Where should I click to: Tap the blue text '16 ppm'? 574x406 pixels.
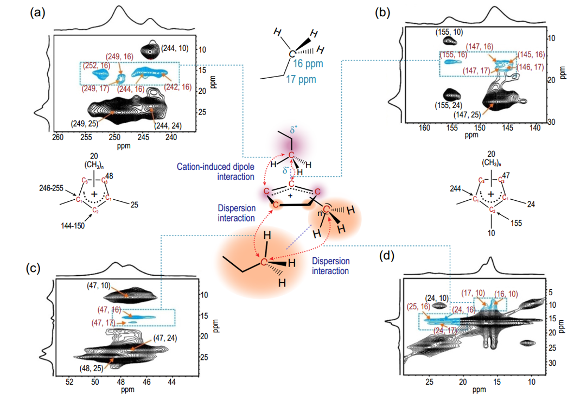click(305, 64)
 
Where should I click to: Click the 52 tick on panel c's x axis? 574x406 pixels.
click(69, 383)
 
